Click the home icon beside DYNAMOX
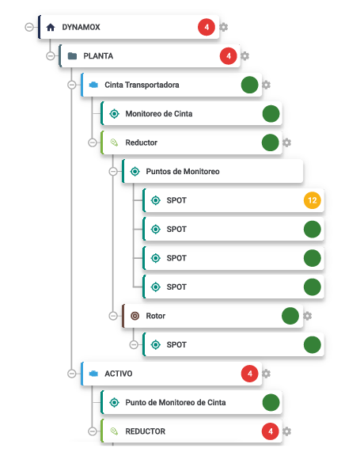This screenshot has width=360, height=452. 51,28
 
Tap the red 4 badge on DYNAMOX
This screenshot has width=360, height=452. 207,27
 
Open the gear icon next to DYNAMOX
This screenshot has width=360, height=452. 224,27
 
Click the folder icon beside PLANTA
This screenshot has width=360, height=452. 72,56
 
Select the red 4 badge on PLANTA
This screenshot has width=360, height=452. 229,56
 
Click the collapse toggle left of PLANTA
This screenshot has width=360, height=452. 51,56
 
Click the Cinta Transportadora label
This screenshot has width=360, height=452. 142,85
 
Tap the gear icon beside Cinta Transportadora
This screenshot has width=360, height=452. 266,85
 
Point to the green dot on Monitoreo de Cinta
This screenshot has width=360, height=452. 271,113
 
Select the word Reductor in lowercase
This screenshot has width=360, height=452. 142,142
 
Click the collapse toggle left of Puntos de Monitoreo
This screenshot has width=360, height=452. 113,172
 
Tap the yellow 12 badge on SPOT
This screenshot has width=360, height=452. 313,200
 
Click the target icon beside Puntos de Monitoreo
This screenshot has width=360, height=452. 135,172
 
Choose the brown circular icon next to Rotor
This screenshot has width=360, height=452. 135,316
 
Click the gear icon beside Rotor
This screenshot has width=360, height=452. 308,316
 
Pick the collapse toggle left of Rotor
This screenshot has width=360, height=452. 113,316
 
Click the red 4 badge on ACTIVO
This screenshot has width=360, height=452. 249,374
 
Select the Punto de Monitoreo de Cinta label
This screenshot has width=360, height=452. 176,402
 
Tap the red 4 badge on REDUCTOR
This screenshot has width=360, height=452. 271,431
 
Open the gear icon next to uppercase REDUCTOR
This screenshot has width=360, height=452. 286,431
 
